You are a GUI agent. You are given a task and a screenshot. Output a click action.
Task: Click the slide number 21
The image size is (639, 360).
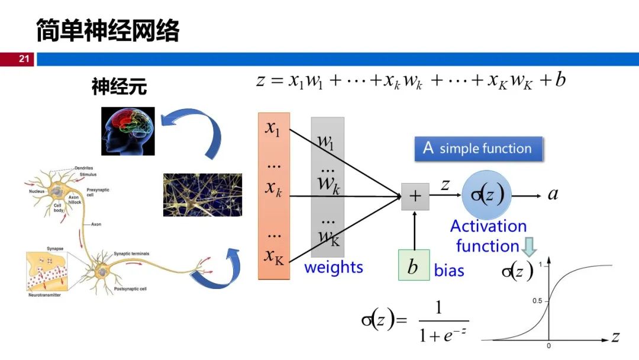[24, 59]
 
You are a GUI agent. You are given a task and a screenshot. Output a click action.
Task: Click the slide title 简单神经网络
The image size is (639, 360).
[107, 30]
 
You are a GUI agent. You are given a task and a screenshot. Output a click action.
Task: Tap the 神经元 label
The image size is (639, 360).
[119, 88]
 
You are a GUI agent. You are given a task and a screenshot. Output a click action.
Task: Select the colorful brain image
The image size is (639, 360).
[128, 131]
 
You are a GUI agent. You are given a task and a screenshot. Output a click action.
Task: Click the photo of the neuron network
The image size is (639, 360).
[202, 195]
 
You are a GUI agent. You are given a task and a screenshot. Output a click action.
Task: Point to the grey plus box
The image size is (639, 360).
[415, 197]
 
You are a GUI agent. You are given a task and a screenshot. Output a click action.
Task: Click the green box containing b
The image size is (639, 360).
[414, 266]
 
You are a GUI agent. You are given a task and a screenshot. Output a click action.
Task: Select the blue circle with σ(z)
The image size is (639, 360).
[487, 195]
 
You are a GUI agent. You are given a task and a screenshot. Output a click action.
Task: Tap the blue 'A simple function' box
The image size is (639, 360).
[478, 149]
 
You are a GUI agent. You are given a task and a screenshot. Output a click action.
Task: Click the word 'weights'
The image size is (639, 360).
[334, 267]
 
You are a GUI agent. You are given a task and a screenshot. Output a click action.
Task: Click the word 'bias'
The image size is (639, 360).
[449, 271]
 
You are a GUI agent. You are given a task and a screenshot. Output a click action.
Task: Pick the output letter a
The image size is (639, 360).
[553, 194]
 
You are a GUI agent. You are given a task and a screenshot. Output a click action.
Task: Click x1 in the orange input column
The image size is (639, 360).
[273, 128]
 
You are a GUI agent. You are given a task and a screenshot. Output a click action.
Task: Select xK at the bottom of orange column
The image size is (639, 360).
[274, 256]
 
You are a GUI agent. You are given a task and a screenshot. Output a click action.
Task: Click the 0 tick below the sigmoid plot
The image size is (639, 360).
[548, 346]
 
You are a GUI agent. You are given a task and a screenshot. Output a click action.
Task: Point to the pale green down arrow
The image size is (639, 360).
[528, 246]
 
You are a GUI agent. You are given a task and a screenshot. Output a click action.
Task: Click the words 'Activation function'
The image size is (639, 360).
[488, 236]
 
